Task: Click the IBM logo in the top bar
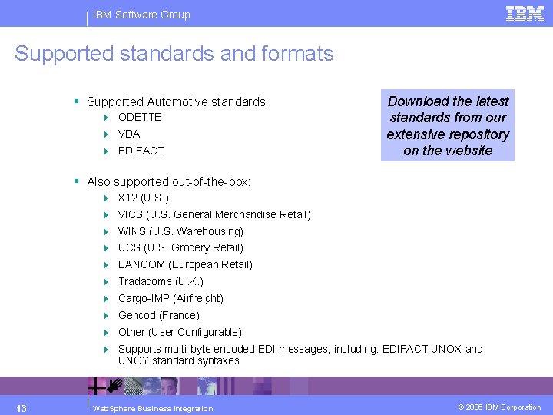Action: pyautogui.click(x=525, y=13)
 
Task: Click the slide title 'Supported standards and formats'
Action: pyautogui.click(x=174, y=54)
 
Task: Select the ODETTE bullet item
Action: pyautogui.click(x=139, y=117)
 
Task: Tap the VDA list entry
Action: pyautogui.click(x=129, y=134)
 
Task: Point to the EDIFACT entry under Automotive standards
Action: pyautogui.click(x=141, y=151)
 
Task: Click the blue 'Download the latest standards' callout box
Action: pyautogui.click(x=448, y=125)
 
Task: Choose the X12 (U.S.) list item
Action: pyautogui.click(x=143, y=198)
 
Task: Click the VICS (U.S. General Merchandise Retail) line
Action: pyautogui.click(x=214, y=214)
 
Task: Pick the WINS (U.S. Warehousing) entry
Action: pyautogui.click(x=180, y=231)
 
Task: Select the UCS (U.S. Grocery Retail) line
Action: pyautogui.click(x=180, y=247)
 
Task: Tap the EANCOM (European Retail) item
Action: pyautogui.click(x=185, y=264)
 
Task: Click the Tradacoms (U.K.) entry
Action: pyautogui.click(x=161, y=281)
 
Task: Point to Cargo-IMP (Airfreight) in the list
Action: pyautogui.click(x=171, y=298)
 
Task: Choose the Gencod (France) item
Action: pyautogui.click(x=158, y=315)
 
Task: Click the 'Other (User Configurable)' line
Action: pyautogui.click(x=180, y=332)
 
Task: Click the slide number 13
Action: pyautogui.click(x=22, y=407)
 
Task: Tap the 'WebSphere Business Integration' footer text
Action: pyautogui.click(x=152, y=408)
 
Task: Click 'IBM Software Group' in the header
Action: pyautogui.click(x=141, y=15)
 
